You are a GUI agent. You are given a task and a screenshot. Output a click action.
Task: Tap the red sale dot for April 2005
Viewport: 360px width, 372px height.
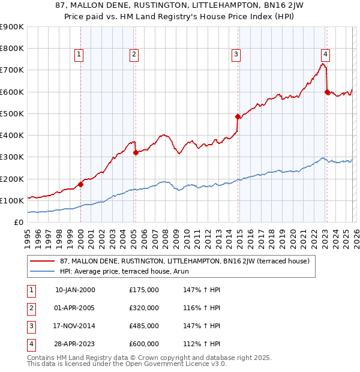[x=136, y=152]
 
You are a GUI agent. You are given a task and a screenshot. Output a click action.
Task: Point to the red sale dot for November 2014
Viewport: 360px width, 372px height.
[x=238, y=116]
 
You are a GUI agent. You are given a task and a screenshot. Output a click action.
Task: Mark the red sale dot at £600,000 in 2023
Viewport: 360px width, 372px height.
[x=327, y=92]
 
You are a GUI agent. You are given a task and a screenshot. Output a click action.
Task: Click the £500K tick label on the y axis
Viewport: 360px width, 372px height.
[x=12, y=113]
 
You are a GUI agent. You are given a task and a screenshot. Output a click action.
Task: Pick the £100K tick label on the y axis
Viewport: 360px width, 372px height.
[x=12, y=200]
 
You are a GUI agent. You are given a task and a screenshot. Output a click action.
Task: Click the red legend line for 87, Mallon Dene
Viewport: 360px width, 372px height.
[x=43, y=261]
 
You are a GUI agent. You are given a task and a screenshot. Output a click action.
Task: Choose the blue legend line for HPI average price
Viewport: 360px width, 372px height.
[x=43, y=271]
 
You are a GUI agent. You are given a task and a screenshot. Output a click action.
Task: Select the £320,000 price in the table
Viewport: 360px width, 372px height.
[x=144, y=308]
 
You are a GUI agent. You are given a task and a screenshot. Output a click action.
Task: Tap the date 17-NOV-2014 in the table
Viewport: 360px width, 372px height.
[x=75, y=326]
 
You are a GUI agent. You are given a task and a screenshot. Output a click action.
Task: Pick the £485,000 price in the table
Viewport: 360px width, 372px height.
[x=144, y=326]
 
